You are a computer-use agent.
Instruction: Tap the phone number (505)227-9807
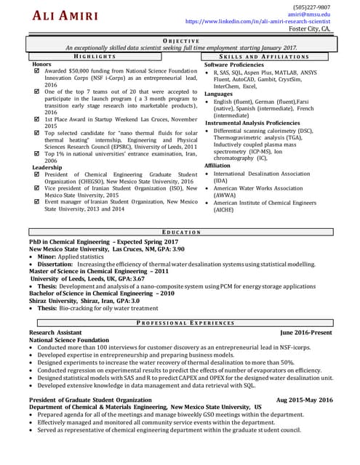[312, 7]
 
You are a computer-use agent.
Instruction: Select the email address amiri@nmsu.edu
[309, 14]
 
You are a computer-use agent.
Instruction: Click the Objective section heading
[180, 41]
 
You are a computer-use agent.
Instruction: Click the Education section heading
[180, 231]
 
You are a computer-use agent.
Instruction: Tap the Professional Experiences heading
[180, 322]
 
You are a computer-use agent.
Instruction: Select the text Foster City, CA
[310, 29]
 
